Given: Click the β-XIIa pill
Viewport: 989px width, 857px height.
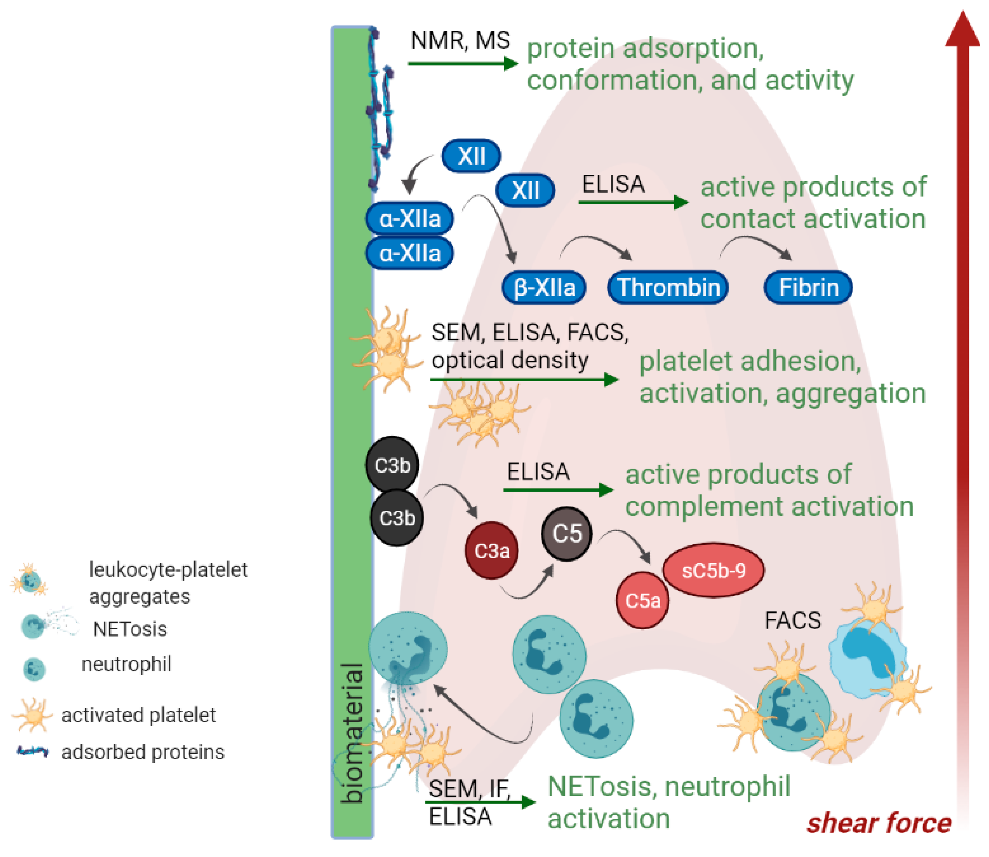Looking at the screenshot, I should (544, 287).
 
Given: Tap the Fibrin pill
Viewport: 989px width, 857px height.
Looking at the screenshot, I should (808, 287).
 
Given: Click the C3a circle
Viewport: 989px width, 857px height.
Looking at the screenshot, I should (492, 550).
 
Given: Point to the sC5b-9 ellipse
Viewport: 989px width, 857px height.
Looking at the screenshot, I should (713, 570).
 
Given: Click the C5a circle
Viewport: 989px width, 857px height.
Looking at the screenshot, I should (642, 601).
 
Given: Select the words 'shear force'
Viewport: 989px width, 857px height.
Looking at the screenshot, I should (879, 823).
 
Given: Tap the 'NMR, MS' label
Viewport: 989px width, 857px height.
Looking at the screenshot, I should (460, 40).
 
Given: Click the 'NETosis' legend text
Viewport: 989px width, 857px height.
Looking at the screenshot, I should (130, 629).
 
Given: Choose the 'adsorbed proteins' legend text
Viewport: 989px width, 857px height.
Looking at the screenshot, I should (143, 752).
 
